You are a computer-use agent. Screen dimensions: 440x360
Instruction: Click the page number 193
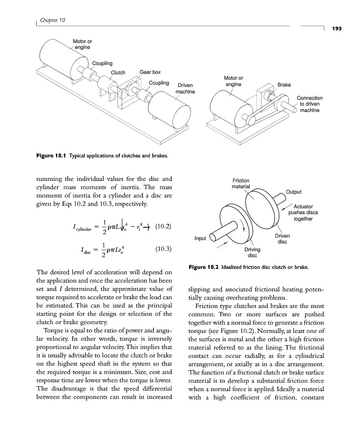pos(337,29)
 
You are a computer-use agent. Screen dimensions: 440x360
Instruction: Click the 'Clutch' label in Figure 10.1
pos(118,73)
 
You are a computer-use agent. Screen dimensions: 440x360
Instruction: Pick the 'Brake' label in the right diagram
pos(284,85)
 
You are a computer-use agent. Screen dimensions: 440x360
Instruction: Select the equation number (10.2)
pos(163,227)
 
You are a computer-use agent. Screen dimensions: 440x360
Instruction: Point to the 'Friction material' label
pos(241,184)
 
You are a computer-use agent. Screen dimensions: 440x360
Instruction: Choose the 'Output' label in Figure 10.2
pos(294,192)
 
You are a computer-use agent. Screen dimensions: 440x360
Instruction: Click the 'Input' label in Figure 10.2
pos(200,239)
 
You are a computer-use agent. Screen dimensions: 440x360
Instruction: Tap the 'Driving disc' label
pos(252,252)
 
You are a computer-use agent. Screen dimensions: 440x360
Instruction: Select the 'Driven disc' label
pos(282,239)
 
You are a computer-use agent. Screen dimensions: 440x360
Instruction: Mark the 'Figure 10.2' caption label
pos(205,267)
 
